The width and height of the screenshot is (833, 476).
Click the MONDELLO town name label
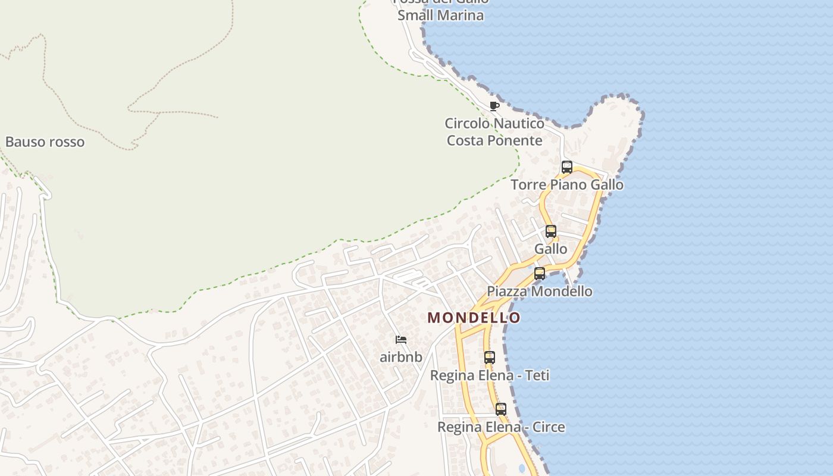point(474,318)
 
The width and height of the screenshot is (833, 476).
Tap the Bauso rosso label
point(45,142)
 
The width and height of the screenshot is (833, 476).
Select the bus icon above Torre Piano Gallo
point(567,167)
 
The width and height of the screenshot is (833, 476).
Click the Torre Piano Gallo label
point(567,185)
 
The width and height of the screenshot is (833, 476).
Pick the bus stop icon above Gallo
point(551,231)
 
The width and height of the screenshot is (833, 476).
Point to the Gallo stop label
point(551,249)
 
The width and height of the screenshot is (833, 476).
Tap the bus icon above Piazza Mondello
point(540,274)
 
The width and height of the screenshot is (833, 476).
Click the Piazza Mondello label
point(540,292)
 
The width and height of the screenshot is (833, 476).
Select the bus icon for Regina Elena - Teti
point(490,358)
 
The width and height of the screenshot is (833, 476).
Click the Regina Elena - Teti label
point(490,376)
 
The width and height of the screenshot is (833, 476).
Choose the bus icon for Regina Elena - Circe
point(501,409)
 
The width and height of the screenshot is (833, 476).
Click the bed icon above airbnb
point(401,340)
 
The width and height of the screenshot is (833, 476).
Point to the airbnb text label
point(401,358)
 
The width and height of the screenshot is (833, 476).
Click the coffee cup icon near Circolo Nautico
point(494,106)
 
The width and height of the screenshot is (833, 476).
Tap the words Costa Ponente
point(494,141)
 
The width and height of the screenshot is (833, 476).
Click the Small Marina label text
point(440,15)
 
